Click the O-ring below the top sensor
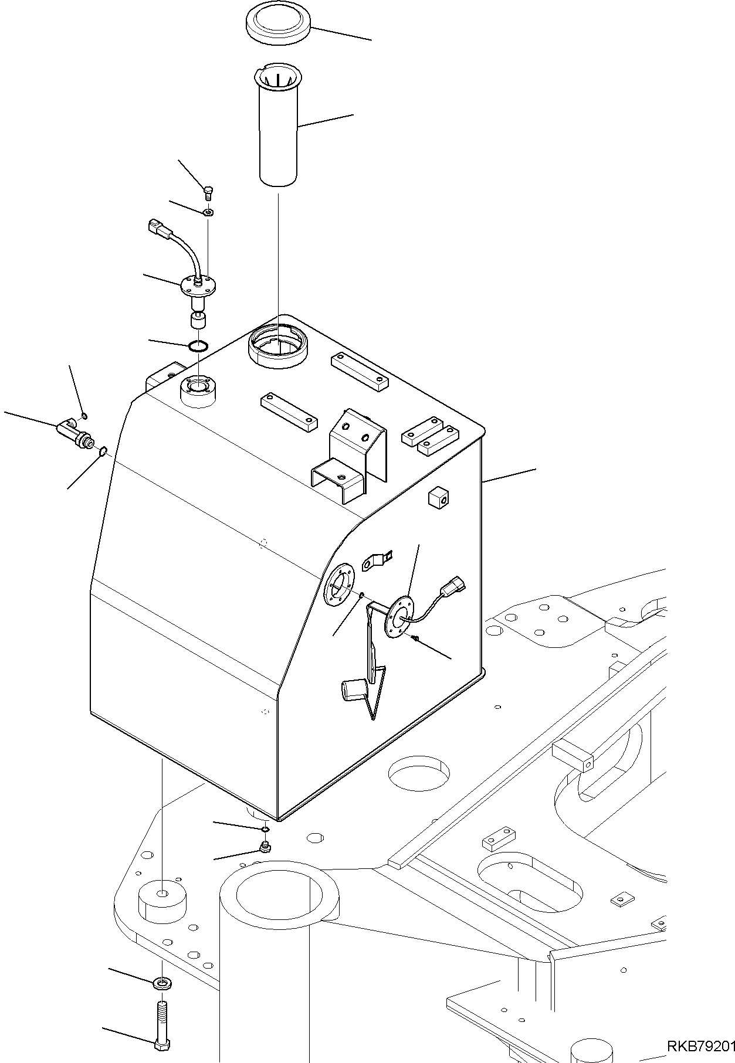click(198, 347)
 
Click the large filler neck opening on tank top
click(278, 348)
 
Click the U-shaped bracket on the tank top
click(350, 457)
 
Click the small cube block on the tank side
click(439, 498)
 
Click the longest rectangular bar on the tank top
click(360, 371)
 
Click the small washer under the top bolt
click(209, 212)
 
